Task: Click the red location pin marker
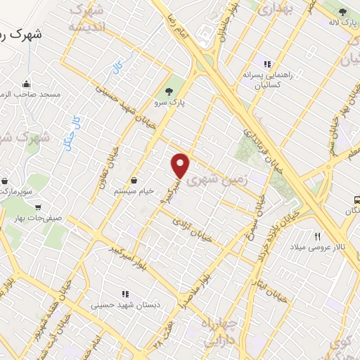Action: click(181, 165)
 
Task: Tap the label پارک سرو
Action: click(169, 102)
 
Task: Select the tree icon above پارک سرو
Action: click(169, 91)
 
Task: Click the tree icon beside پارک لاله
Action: click(342, 12)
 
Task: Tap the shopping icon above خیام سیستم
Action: click(134, 180)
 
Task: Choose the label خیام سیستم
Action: click(134, 191)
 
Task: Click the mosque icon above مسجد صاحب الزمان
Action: click(27, 83)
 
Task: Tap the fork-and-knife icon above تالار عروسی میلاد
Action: click(318, 237)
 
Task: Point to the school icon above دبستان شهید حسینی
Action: click(125, 294)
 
